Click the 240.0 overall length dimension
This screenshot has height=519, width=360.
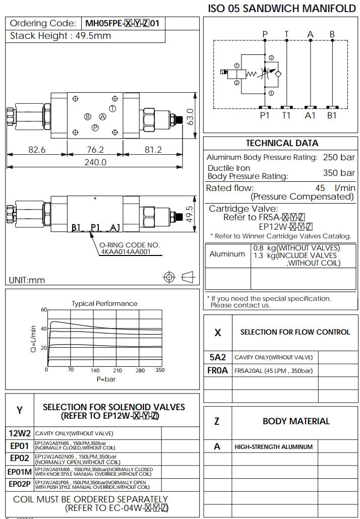pos(95,162)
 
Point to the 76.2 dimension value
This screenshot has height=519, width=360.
pos(95,150)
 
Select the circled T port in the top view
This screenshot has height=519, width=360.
pos(112,108)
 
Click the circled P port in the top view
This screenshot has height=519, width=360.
pos(95,128)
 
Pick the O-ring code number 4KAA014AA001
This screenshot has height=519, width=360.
pos(126,252)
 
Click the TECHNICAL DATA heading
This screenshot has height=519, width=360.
pos(282,143)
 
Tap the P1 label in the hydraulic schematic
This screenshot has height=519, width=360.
pos(265,115)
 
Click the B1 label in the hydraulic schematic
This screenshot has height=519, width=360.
pos(332,115)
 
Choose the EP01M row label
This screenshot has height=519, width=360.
pos(20,472)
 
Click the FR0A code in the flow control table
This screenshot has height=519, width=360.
pos(217,370)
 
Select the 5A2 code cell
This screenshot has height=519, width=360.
pos(217,357)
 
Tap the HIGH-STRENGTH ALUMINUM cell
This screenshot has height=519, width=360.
pos(273,446)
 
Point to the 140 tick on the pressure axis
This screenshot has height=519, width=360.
pos(95,370)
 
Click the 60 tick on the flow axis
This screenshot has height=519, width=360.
pos(44,309)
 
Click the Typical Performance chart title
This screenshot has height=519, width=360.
pos(104,303)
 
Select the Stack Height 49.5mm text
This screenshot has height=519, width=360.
pos(61,36)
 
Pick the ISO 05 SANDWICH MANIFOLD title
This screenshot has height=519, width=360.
pos(282,9)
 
